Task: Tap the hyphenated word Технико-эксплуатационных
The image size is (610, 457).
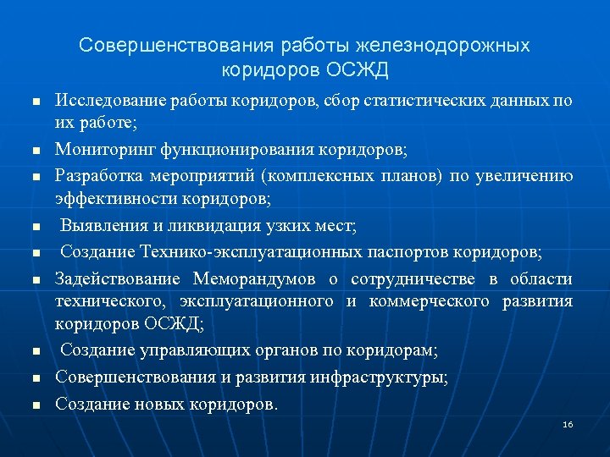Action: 248,251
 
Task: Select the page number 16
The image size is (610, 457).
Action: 568,424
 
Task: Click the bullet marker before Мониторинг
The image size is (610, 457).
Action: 36,151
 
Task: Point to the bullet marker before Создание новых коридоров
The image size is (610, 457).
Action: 36,405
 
